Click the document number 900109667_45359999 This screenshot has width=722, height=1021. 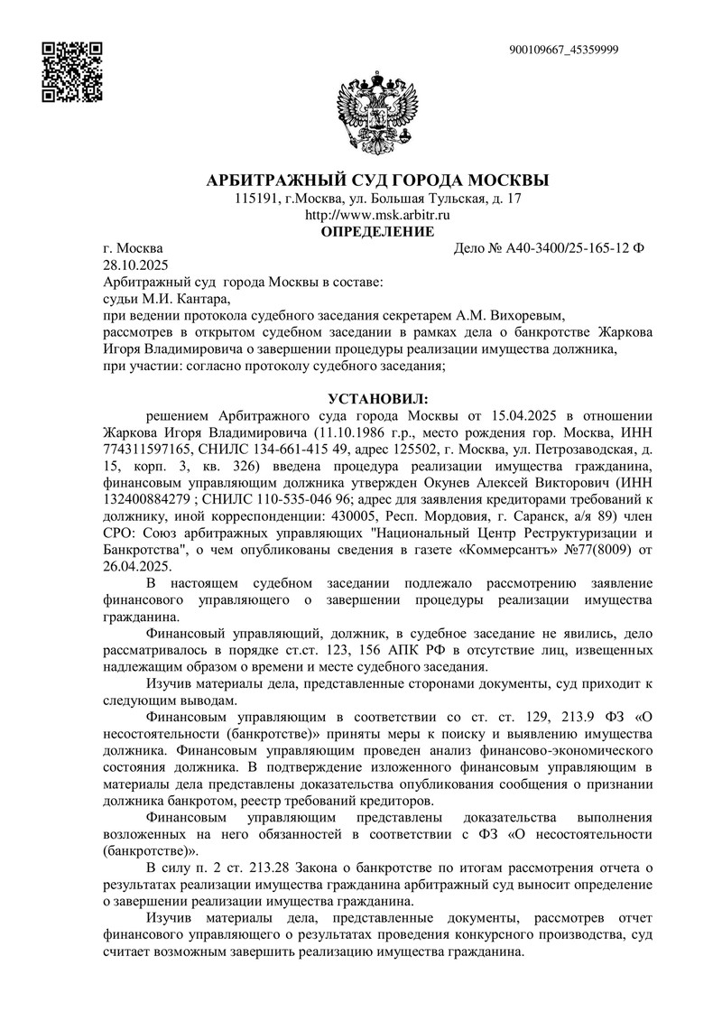(563, 50)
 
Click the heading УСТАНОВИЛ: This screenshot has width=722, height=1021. (373, 399)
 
